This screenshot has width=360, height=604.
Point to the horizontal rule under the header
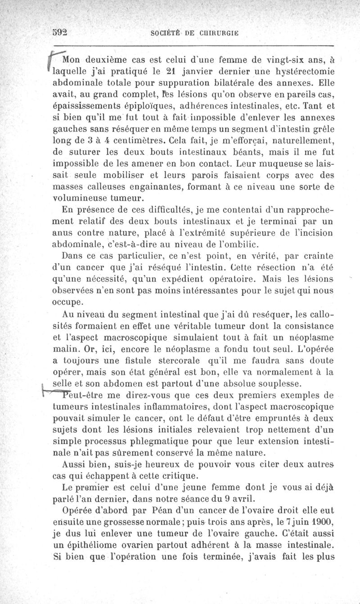193,46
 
